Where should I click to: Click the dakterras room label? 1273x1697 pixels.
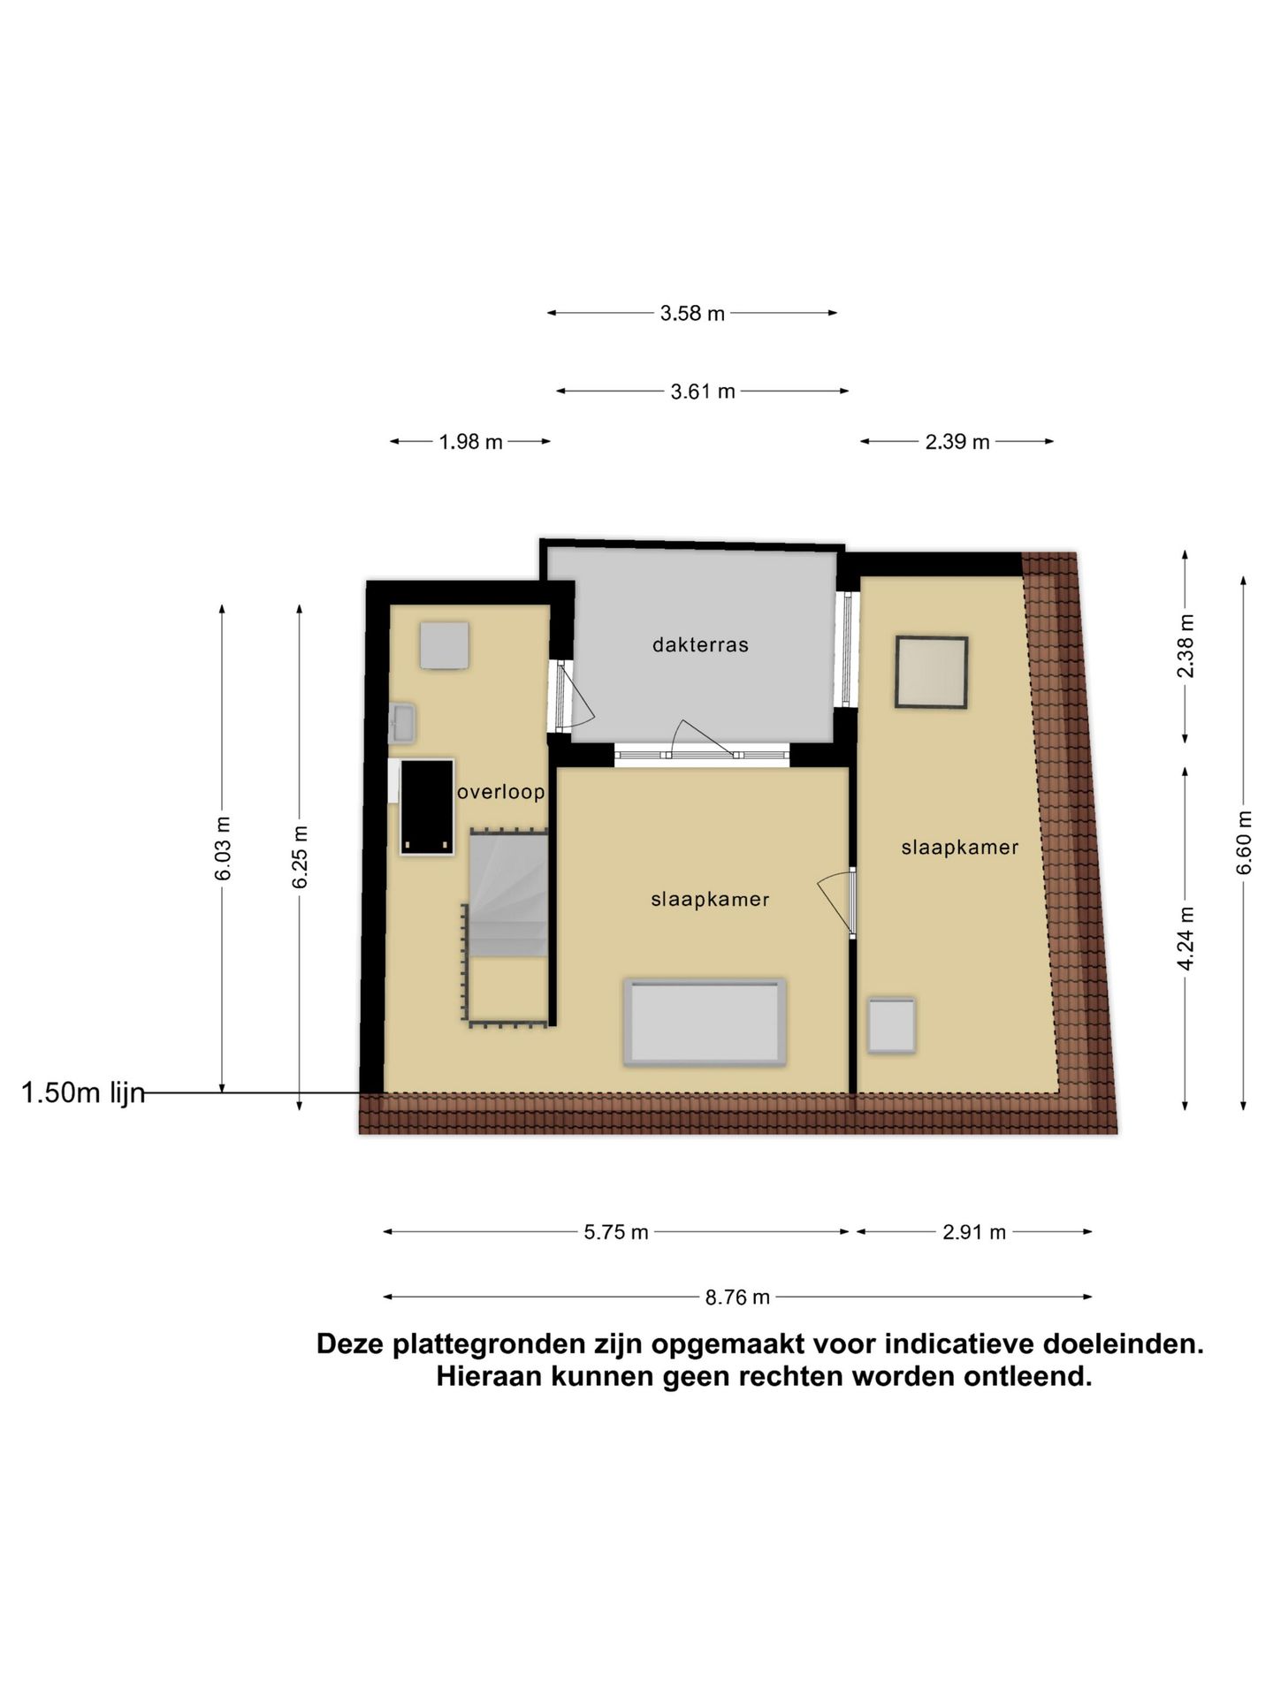(x=700, y=645)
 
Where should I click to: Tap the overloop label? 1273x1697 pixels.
(x=500, y=792)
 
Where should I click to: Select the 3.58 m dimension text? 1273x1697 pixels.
(x=692, y=313)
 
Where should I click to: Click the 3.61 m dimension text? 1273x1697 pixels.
(x=703, y=392)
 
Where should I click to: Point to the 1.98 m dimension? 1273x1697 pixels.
(x=470, y=442)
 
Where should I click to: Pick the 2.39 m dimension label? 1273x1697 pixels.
(x=957, y=442)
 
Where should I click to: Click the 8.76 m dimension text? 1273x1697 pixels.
(x=737, y=1297)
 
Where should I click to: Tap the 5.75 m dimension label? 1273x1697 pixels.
(x=616, y=1232)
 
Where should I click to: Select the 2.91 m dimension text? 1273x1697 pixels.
(x=974, y=1232)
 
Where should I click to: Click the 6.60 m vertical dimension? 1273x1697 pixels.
(x=1244, y=842)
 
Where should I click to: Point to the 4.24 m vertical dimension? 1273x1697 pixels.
(x=1185, y=938)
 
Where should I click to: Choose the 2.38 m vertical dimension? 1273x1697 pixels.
(x=1185, y=646)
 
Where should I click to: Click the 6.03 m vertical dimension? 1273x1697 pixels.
(x=223, y=848)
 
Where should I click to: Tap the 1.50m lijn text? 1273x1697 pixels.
(x=82, y=1093)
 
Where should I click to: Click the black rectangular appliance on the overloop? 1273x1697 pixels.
(x=428, y=807)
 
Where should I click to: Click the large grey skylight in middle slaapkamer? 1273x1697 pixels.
(x=705, y=1022)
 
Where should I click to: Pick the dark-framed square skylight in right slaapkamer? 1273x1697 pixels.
(x=931, y=672)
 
